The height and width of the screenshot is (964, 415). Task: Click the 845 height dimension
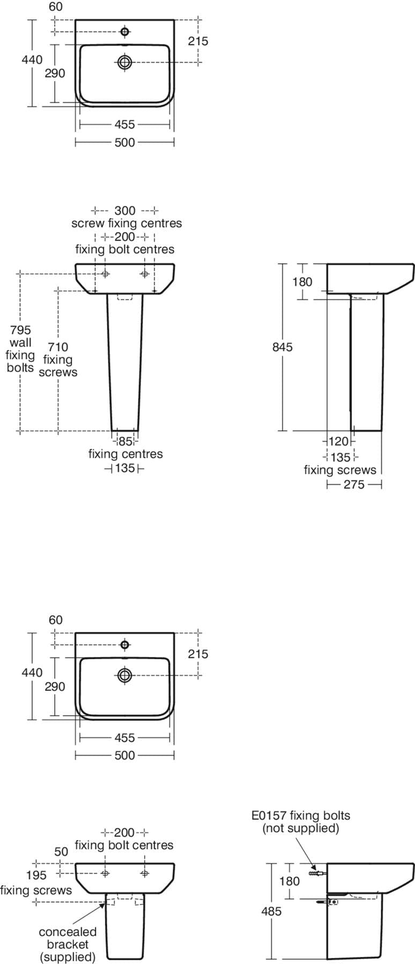[x=283, y=347]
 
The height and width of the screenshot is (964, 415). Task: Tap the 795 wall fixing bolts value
[x=20, y=330]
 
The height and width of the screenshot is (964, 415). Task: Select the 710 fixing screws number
[x=57, y=347]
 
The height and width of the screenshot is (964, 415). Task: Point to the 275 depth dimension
[x=354, y=485]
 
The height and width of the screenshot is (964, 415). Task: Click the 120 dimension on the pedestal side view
[x=338, y=441]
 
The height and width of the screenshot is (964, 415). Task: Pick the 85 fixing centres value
[x=125, y=442]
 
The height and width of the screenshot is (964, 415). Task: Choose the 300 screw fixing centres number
[x=125, y=210]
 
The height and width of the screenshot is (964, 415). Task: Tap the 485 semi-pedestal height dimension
[x=271, y=911]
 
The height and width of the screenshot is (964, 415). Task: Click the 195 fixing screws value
[x=36, y=875]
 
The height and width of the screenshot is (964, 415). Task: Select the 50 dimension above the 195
[x=62, y=852]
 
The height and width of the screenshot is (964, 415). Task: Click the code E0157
[x=269, y=816]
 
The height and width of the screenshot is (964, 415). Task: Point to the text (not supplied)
[x=300, y=829]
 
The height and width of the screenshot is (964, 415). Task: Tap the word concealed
[x=68, y=932]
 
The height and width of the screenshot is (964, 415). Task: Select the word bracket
[x=68, y=944]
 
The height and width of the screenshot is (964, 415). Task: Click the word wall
[x=20, y=343]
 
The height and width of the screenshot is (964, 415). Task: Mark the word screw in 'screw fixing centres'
[x=88, y=223]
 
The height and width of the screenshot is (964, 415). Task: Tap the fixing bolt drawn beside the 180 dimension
[x=317, y=873]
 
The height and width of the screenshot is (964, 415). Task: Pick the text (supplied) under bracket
[x=68, y=957]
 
